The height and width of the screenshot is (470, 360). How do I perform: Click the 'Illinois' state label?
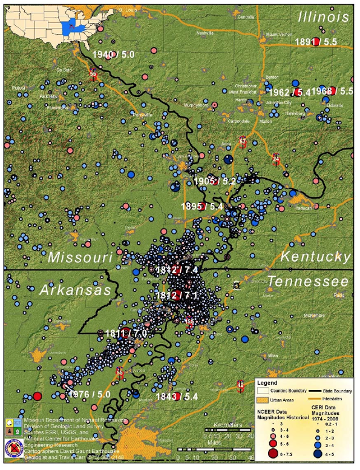322,16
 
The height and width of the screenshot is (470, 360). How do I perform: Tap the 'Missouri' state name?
80,257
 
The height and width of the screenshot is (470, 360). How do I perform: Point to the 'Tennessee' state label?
309,281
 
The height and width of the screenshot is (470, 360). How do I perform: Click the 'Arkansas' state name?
76,291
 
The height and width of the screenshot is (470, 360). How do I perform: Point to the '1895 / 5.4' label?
202,207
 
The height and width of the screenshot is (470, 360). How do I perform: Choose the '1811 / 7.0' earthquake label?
125,333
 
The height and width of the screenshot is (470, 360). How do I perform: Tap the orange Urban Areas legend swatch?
262,400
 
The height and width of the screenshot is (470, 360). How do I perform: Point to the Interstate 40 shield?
241,383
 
